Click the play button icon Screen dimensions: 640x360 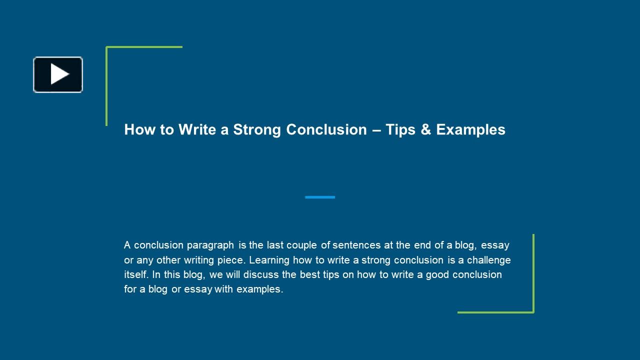point(58,74)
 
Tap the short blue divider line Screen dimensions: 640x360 point(320,197)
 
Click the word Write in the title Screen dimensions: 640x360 point(197,129)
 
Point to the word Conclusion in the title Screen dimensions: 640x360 point(326,129)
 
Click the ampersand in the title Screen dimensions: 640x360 point(425,129)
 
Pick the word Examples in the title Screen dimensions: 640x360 point(471,130)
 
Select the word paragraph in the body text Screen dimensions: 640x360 point(210,245)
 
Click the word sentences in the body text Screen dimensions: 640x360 point(356,245)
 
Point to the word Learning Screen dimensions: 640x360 point(269,260)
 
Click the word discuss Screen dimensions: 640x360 point(261,274)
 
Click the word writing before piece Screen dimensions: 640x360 point(199,260)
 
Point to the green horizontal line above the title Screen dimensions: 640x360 point(144,47)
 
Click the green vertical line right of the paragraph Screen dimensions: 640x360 point(533,273)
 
